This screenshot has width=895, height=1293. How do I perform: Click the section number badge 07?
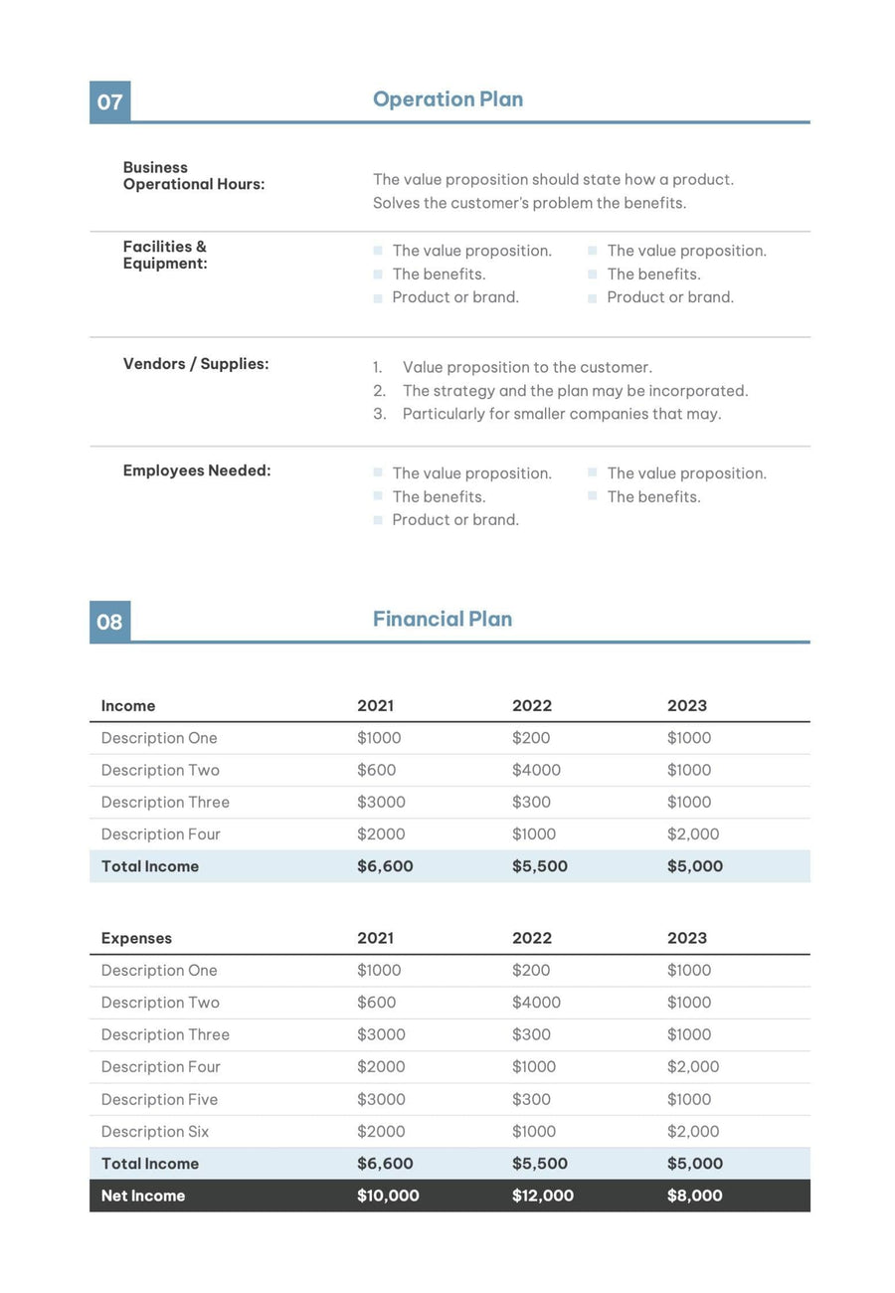109,101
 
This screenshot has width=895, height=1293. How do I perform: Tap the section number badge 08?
109,622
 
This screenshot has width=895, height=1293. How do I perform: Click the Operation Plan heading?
447,99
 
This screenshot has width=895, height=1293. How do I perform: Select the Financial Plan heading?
443,619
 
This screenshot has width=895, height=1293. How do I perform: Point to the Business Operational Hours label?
194,176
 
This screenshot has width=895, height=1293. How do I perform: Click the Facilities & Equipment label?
165,255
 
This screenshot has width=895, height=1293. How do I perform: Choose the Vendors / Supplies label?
196,364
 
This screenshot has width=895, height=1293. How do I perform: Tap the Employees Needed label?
197,470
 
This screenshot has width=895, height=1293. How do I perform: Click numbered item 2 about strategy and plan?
574,391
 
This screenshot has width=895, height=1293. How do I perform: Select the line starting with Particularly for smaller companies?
561,414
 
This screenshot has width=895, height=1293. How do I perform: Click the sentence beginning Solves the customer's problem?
529,203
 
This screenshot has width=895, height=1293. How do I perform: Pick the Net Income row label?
143,1196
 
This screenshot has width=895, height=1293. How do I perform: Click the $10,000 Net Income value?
388,1196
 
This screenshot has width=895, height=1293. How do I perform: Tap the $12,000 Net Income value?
543,1196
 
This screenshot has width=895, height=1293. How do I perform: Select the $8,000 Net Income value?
694,1196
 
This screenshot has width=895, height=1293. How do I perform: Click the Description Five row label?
159,1099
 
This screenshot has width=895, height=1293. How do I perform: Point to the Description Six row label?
155,1131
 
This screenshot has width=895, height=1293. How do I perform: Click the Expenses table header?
136,938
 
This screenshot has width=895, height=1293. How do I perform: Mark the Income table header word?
128,706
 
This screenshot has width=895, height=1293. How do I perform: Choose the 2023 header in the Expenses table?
687,938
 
